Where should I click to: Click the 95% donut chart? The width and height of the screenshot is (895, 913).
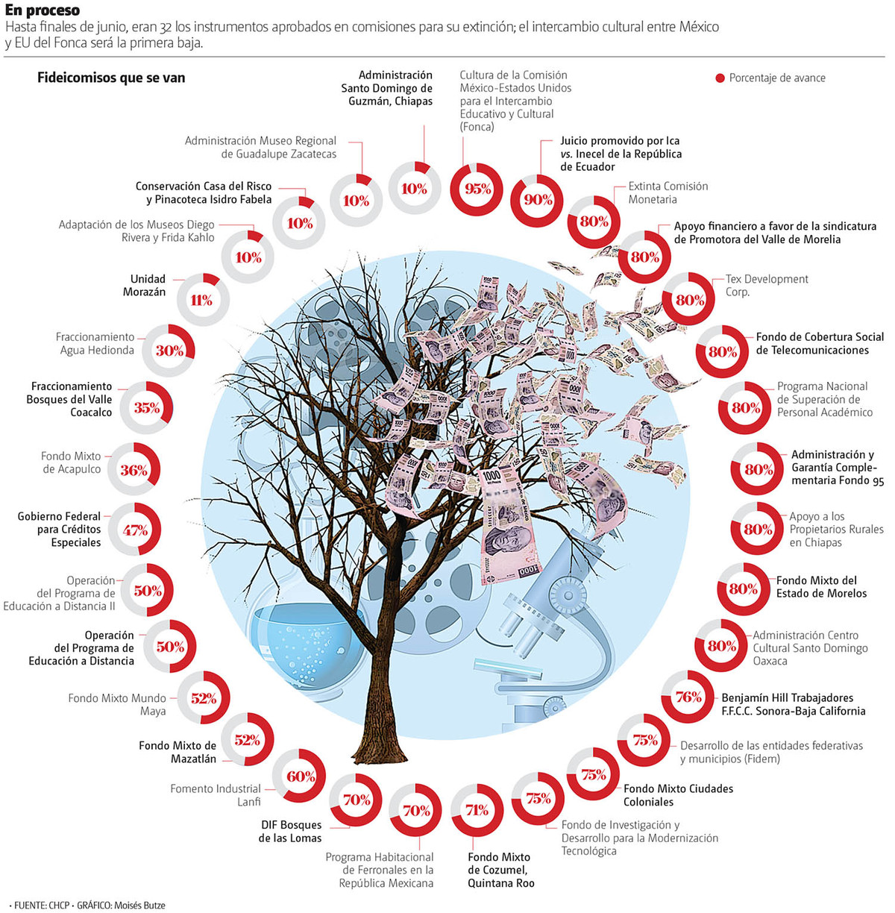coord(477,189)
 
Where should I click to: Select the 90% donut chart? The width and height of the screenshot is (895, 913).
coord(537,200)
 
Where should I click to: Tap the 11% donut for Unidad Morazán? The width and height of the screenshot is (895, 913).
coord(202,300)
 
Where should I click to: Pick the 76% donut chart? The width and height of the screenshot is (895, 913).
coord(688,697)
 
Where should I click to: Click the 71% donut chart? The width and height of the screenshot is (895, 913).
coord(477,810)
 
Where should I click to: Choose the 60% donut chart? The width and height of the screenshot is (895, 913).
coord(300,776)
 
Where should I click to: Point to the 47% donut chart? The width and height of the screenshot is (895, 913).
coord(135,530)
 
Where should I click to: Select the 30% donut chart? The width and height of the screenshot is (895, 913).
coord(169,351)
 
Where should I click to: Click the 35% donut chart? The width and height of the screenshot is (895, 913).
coord(147,408)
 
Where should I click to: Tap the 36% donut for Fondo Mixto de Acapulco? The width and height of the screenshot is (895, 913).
coord(134,470)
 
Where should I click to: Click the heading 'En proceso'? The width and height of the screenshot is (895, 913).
coord(42,10)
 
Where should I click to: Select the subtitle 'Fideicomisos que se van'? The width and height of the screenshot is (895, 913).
coord(111,78)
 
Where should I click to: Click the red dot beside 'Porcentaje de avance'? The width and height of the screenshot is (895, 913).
coord(720,78)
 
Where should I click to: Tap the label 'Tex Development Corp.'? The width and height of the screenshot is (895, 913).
coord(766,285)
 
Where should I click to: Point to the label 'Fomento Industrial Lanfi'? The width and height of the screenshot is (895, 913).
coord(216,794)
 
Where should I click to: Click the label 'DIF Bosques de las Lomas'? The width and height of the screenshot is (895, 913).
coord(291,831)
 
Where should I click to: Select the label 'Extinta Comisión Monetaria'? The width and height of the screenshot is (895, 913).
coord(668,192)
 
